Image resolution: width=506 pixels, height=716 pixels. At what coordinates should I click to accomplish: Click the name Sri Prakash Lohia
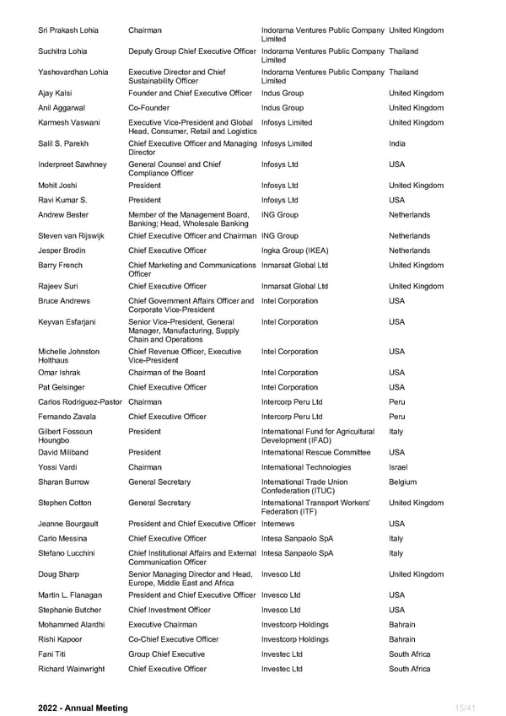tap(68, 30)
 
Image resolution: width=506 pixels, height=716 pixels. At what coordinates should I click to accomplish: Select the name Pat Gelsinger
tap(62, 387)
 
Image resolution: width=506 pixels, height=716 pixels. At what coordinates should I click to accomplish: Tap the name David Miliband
tap(63, 452)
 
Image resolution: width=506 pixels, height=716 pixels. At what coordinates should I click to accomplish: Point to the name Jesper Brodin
tap(63, 250)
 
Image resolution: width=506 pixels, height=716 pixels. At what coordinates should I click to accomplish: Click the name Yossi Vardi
tap(60, 467)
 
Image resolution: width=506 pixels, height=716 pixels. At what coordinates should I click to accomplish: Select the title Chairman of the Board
tap(166, 373)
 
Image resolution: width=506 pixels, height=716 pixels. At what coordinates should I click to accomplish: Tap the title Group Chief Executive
tap(166, 654)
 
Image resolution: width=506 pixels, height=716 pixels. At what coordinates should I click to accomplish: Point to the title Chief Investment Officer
tap(170, 610)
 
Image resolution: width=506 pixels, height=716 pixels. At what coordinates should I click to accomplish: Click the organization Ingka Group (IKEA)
tap(294, 250)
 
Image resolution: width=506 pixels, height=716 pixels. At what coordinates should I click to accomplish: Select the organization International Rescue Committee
tap(315, 452)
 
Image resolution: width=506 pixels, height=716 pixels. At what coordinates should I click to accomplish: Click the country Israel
tap(398, 467)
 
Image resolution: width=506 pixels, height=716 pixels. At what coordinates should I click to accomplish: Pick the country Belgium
tap(402, 482)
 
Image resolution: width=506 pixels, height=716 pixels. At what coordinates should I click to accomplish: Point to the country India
tap(397, 143)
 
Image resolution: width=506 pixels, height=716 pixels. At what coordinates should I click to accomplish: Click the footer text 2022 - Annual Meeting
tap(83, 708)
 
